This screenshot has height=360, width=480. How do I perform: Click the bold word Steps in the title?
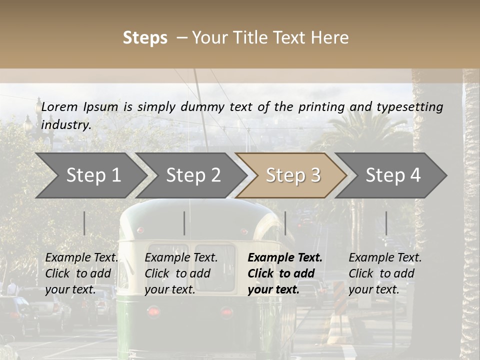pyautogui.click(x=145, y=38)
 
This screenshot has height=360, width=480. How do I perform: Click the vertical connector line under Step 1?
pyautogui.click(x=84, y=223)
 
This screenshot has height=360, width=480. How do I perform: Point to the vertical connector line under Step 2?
pyautogui.click(x=184, y=223)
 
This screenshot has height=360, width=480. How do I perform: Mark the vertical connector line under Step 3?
pyautogui.click(x=285, y=223)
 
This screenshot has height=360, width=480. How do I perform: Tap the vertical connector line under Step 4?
pyautogui.click(x=386, y=223)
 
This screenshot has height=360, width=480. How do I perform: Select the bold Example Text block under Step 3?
pyautogui.click(x=285, y=273)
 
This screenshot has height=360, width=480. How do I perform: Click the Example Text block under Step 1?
pyautogui.click(x=81, y=273)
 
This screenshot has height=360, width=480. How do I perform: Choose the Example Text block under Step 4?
pyautogui.click(x=385, y=273)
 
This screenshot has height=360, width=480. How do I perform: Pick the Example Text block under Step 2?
pyautogui.click(x=181, y=273)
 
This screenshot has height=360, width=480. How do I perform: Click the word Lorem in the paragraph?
pyautogui.click(x=59, y=106)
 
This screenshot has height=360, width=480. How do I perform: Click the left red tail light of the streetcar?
pyautogui.click(x=153, y=311)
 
